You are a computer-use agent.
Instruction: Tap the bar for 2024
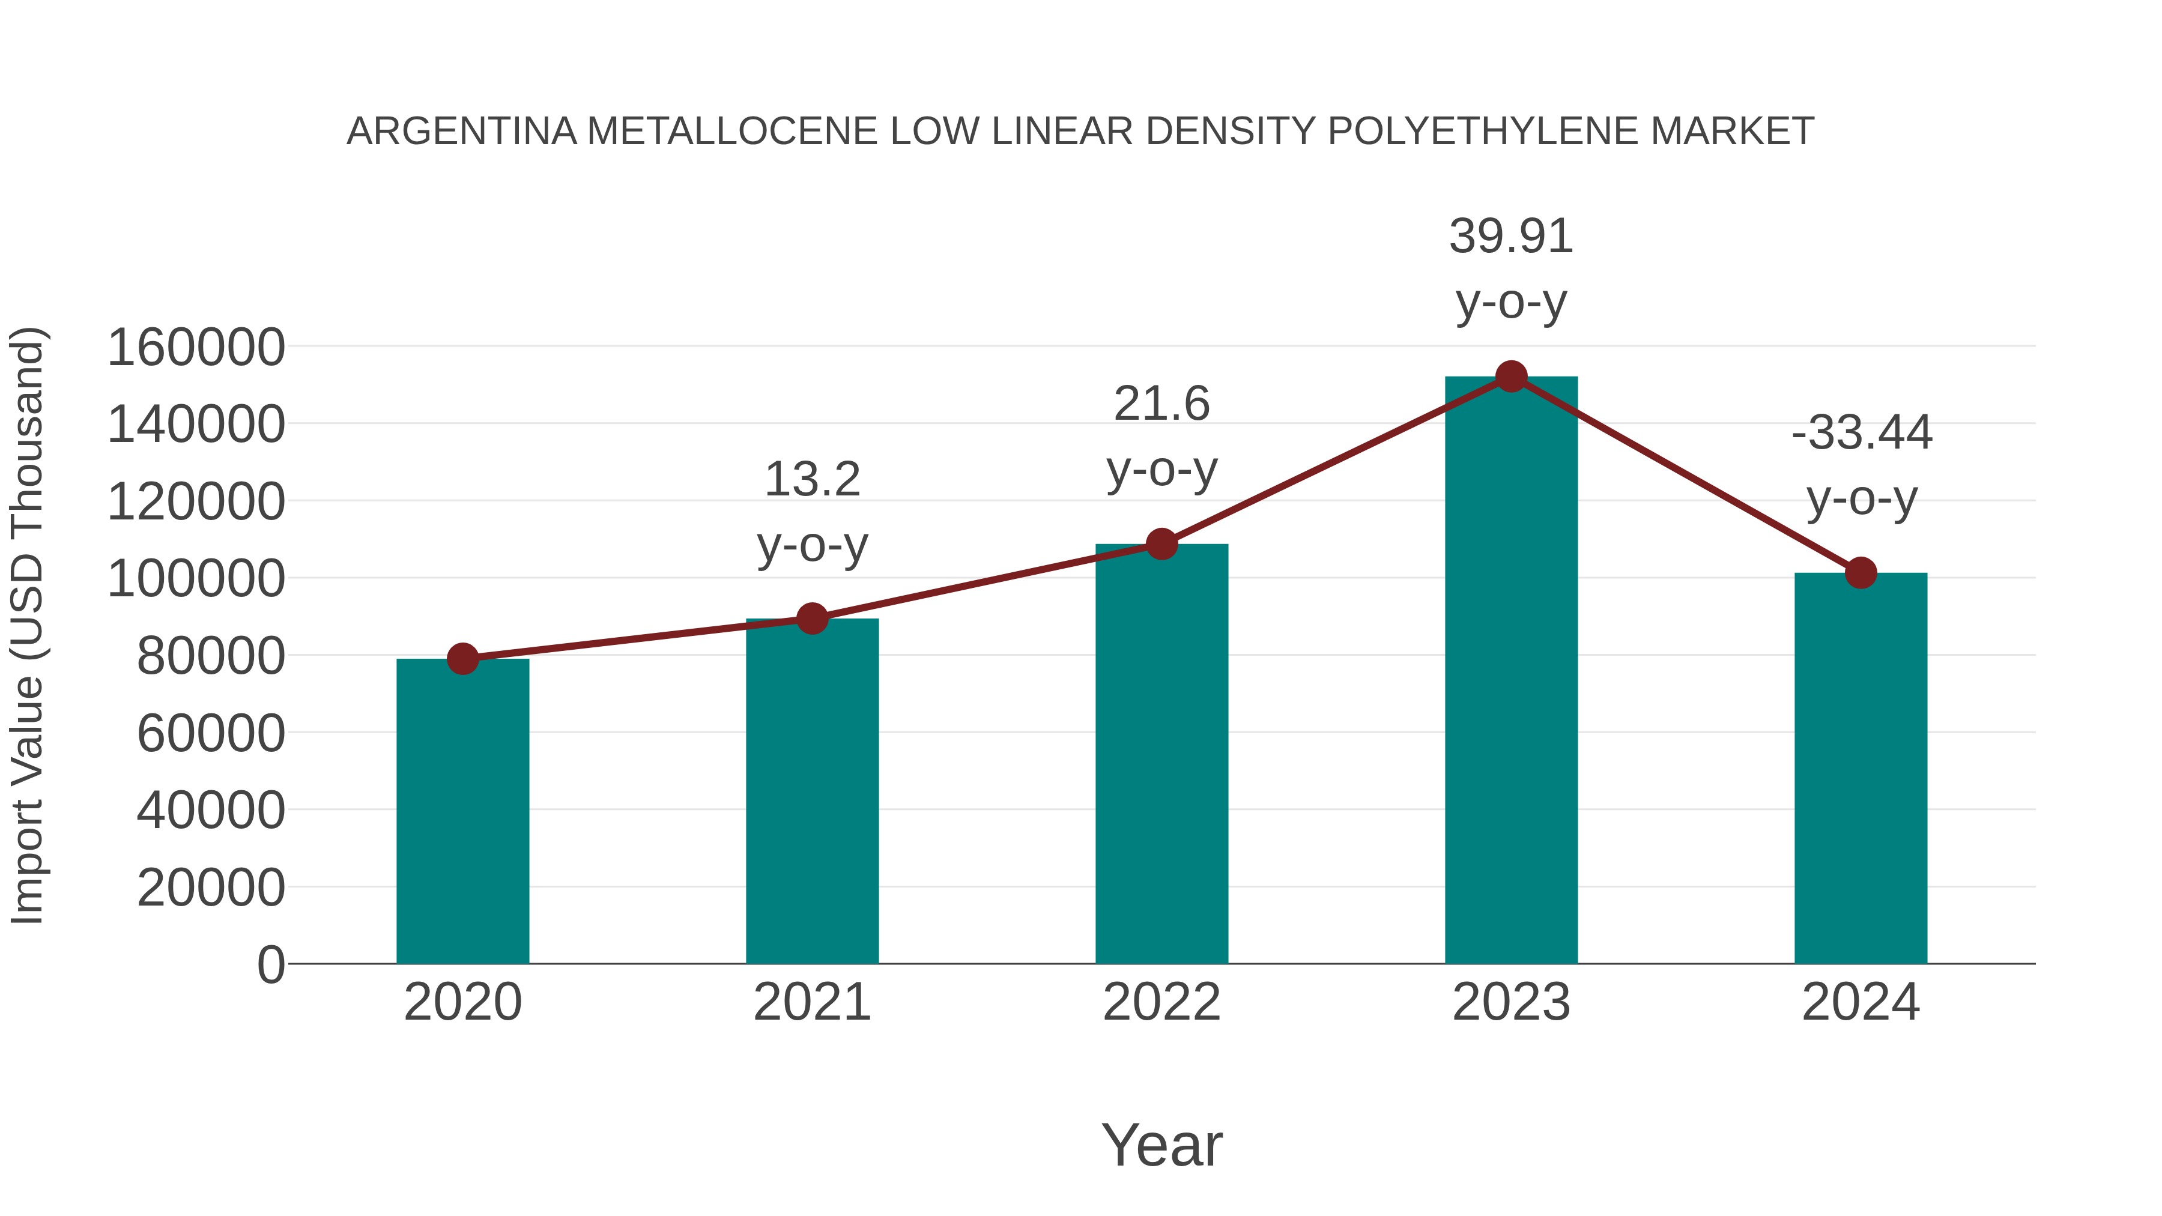1860,768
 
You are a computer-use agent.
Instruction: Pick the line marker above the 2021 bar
811,619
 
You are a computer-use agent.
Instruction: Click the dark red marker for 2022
1161,544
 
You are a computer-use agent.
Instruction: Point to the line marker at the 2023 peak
1511,377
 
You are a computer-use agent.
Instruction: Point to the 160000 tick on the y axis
196,348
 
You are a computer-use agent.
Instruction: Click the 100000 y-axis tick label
196,579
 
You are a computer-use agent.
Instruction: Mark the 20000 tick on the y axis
211,888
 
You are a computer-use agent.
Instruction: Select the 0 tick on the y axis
270,965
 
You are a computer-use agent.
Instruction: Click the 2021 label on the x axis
811,1002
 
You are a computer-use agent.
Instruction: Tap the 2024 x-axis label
1860,1002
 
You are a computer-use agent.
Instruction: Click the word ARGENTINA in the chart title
462,132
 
